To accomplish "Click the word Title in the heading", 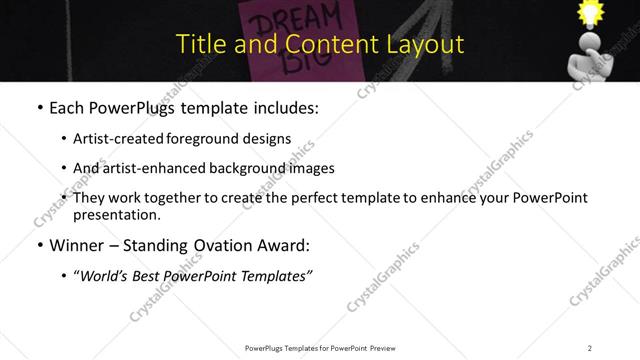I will [198, 44].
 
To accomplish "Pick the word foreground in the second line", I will [218, 138].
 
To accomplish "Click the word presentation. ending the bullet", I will [116, 215].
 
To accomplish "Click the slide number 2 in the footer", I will [590, 347].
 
